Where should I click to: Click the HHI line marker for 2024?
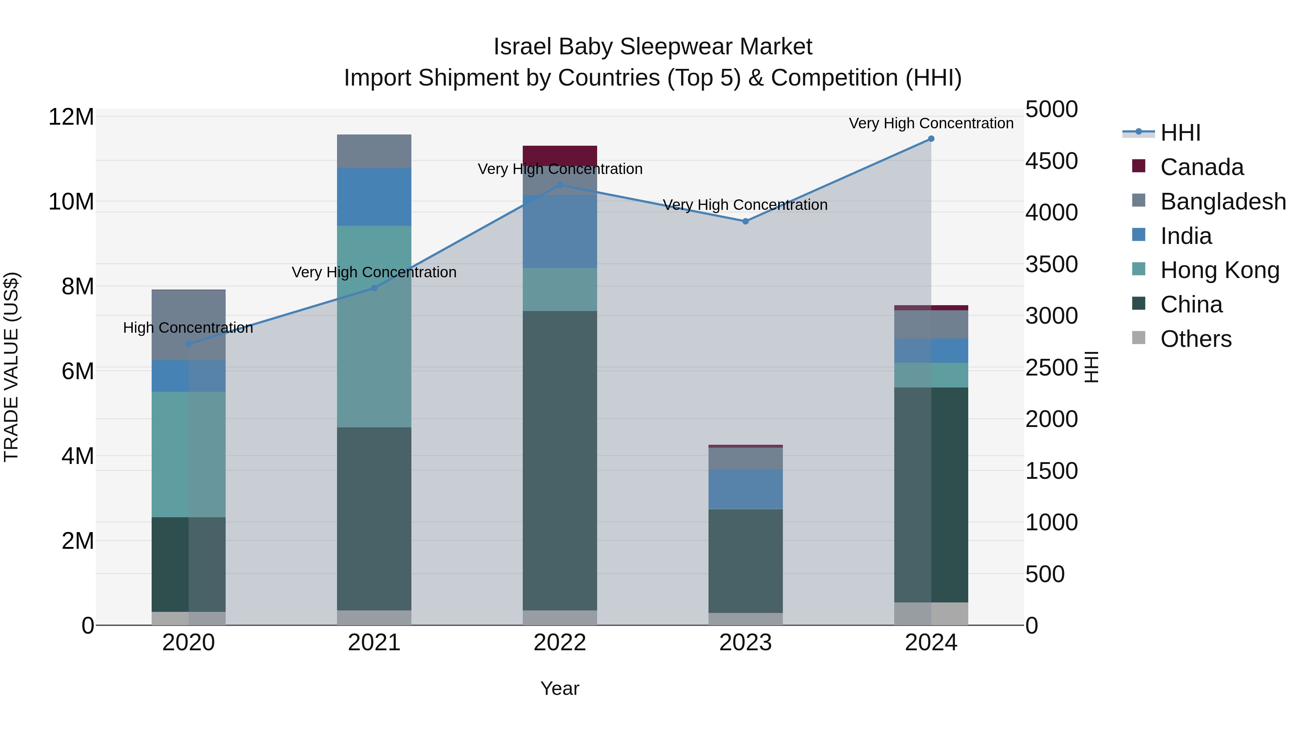coord(931,139)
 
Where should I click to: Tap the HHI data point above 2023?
coord(745,221)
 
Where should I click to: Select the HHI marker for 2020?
coord(189,344)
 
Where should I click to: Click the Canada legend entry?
coord(1201,167)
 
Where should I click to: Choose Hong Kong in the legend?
coord(1219,270)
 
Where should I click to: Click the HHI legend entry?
coord(1180,133)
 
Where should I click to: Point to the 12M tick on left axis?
coord(71,117)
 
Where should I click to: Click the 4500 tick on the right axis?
coord(1051,161)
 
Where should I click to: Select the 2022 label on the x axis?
coord(560,643)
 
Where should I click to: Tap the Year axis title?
coord(560,688)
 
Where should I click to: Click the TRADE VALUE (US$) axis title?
coord(11,367)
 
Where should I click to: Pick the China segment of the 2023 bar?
coord(745,560)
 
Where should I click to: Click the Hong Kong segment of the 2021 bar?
coord(374,326)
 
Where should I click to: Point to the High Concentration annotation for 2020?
coord(188,328)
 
